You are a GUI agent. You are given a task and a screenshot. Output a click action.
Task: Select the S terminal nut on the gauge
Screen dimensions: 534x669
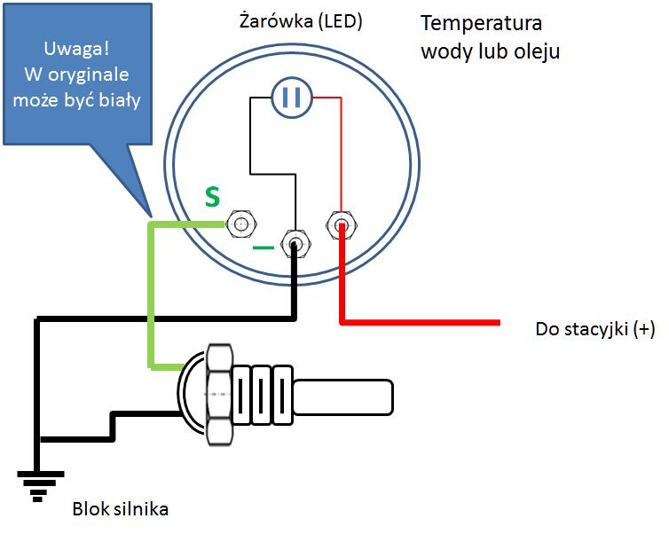240,223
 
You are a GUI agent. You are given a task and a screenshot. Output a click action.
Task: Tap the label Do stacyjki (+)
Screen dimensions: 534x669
594,329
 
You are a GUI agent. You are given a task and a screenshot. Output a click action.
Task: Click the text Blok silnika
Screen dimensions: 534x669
120,509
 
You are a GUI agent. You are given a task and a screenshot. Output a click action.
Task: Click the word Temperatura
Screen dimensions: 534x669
481,23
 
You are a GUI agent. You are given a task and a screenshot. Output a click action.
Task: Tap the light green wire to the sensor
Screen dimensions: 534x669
151,293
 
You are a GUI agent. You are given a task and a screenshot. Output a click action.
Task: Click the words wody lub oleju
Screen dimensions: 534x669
490,51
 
